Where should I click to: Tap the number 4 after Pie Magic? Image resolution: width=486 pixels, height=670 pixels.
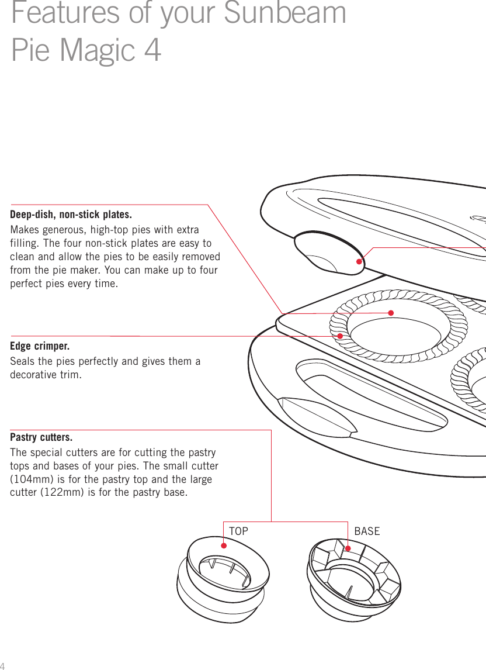click(x=151, y=50)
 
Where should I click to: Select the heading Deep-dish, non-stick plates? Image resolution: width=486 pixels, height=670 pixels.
click(x=71, y=214)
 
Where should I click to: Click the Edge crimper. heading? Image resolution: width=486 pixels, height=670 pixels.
click(x=40, y=346)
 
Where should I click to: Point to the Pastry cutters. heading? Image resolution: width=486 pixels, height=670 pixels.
click(x=41, y=438)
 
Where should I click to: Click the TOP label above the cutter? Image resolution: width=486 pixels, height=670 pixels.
click(x=238, y=531)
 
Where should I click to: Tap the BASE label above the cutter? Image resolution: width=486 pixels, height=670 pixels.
click(x=367, y=531)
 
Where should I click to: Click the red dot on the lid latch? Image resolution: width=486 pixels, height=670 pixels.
click(x=360, y=261)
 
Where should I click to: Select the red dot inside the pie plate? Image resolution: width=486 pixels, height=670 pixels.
click(x=391, y=313)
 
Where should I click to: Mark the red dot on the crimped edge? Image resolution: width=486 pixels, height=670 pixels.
click(x=340, y=336)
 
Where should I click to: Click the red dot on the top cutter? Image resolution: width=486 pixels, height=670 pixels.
click(x=224, y=545)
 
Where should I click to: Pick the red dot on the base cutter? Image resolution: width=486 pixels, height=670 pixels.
click(x=348, y=548)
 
